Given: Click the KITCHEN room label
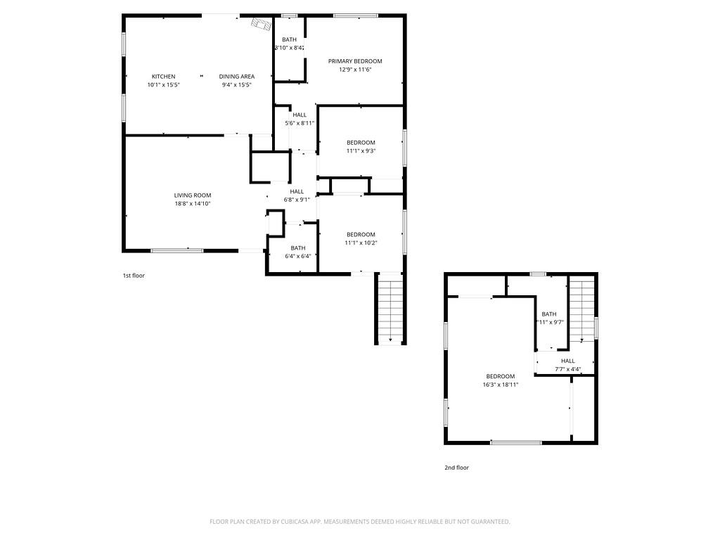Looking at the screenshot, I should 163,77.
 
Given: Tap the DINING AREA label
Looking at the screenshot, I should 236,77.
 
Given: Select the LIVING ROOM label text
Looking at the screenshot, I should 193,195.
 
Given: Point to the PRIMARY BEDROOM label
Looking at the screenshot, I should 355,61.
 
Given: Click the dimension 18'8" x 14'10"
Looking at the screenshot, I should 193,204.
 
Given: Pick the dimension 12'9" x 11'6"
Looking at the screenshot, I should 355,70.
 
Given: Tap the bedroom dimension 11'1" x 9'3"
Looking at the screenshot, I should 361,150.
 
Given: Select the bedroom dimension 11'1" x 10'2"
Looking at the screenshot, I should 361,243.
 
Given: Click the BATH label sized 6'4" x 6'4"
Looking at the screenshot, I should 298,247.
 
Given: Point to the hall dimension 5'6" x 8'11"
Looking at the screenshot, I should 300,123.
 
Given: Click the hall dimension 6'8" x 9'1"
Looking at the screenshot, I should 297,200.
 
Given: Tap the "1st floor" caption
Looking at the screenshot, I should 134,276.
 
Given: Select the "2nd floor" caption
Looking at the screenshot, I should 457,468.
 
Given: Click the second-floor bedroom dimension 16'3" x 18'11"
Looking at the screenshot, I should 501,385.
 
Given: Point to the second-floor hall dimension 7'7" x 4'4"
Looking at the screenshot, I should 567,369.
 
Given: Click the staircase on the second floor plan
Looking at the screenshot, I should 581,310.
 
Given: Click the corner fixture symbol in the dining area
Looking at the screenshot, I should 261,25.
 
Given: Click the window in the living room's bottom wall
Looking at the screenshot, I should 177,250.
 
